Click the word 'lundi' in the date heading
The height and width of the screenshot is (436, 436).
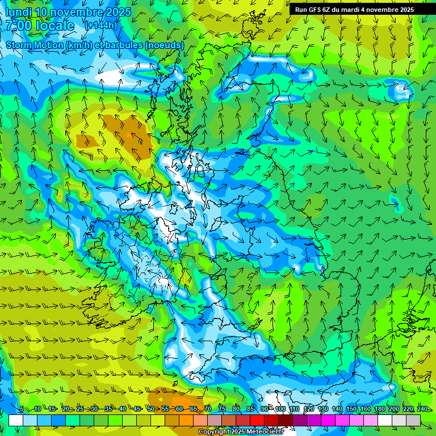point(18,12)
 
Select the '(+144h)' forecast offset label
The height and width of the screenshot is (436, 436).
point(100,26)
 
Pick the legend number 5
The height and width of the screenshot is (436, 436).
point(22,409)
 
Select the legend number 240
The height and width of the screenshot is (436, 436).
point(422,409)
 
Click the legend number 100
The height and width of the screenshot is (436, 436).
point(280,409)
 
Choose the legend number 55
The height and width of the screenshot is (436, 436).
point(165,409)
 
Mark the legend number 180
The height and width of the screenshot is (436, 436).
point(379,409)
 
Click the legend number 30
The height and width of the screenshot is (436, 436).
point(94,409)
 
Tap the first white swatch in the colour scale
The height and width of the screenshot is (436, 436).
point(16,420)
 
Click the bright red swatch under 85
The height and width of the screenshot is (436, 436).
point(257,420)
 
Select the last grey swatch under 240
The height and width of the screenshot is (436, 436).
point(413,420)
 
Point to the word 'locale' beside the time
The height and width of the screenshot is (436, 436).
point(56,26)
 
